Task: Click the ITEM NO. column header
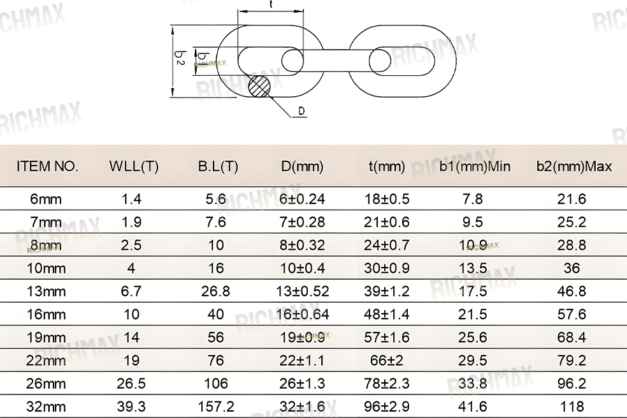point(47,166)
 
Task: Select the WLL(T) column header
point(134,166)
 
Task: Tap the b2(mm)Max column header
point(574,166)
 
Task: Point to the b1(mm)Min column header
point(475,166)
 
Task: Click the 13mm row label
point(46,291)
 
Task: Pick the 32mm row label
point(46,407)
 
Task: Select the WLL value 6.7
point(131,291)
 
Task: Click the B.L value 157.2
point(216,407)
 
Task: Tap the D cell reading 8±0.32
point(302,245)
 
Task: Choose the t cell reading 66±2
point(387,361)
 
